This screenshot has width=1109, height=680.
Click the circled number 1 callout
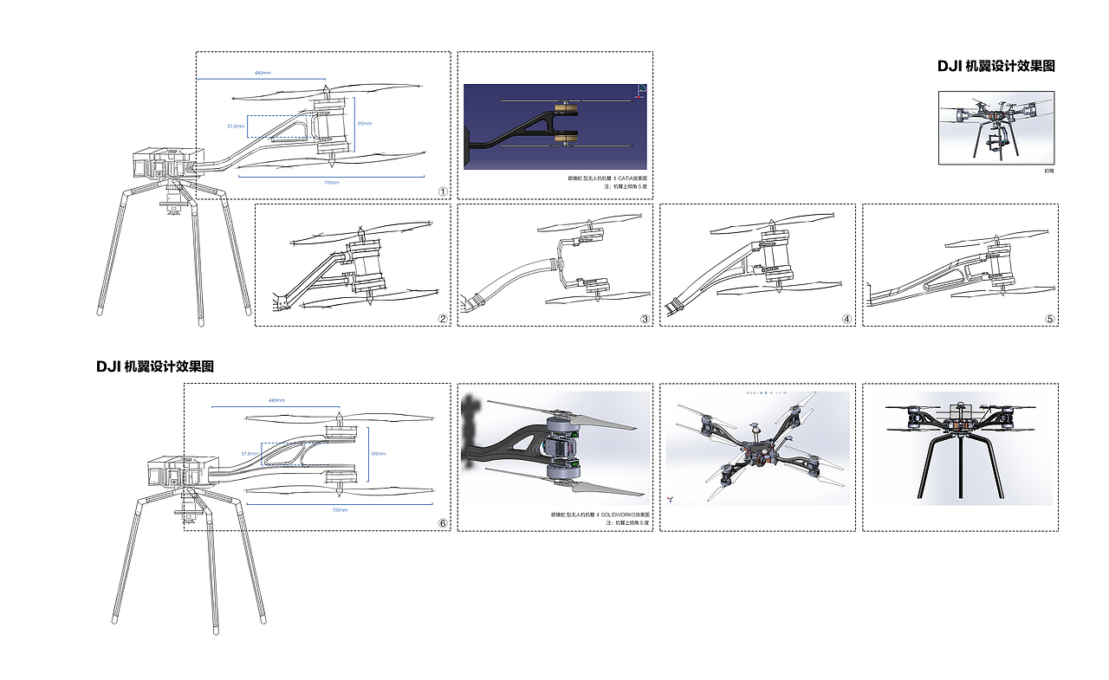443,191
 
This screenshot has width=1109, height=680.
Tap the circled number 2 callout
443,319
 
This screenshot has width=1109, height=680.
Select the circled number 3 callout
645,319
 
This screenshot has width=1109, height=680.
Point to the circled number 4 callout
846,319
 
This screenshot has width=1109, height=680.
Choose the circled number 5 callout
1050,319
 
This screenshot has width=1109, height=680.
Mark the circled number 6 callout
443,523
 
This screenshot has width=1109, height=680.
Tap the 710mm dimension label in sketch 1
332,183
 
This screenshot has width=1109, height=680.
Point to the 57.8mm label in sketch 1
236,126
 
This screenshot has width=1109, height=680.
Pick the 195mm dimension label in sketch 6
379,453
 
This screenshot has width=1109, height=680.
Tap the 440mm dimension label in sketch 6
276,400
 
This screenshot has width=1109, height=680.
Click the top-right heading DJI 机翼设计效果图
996,66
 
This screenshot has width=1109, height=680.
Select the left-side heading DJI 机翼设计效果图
155,366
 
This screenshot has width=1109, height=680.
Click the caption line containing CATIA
608,178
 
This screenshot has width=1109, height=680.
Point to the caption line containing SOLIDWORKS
600,515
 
